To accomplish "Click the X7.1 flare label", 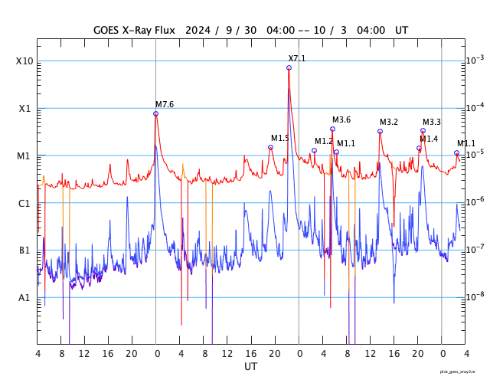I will tap(296, 58).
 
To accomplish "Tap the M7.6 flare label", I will tap(164, 104).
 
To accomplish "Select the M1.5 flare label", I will tap(279, 138).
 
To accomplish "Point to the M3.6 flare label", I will tap(341, 119).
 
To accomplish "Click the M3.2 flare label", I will tap(388, 122).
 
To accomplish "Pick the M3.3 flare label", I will tap(431, 122).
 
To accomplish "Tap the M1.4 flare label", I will tap(428, 139).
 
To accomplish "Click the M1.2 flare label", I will tap(323, 141).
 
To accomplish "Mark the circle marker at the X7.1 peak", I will tap(289, 68).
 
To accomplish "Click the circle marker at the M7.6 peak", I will tap(155, 113).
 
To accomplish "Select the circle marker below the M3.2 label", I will tap(380, 131).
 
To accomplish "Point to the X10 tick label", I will tap(24, 61).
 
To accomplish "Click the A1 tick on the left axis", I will tap(24, 297).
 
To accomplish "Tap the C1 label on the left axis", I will tap(24, 203).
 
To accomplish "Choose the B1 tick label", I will tap(24, 250).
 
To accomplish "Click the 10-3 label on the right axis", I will tap(475, 61).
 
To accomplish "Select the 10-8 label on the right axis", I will tap(475, 296).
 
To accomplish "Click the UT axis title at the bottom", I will tap(250, 367).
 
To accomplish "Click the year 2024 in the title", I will tap(195, 30).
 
